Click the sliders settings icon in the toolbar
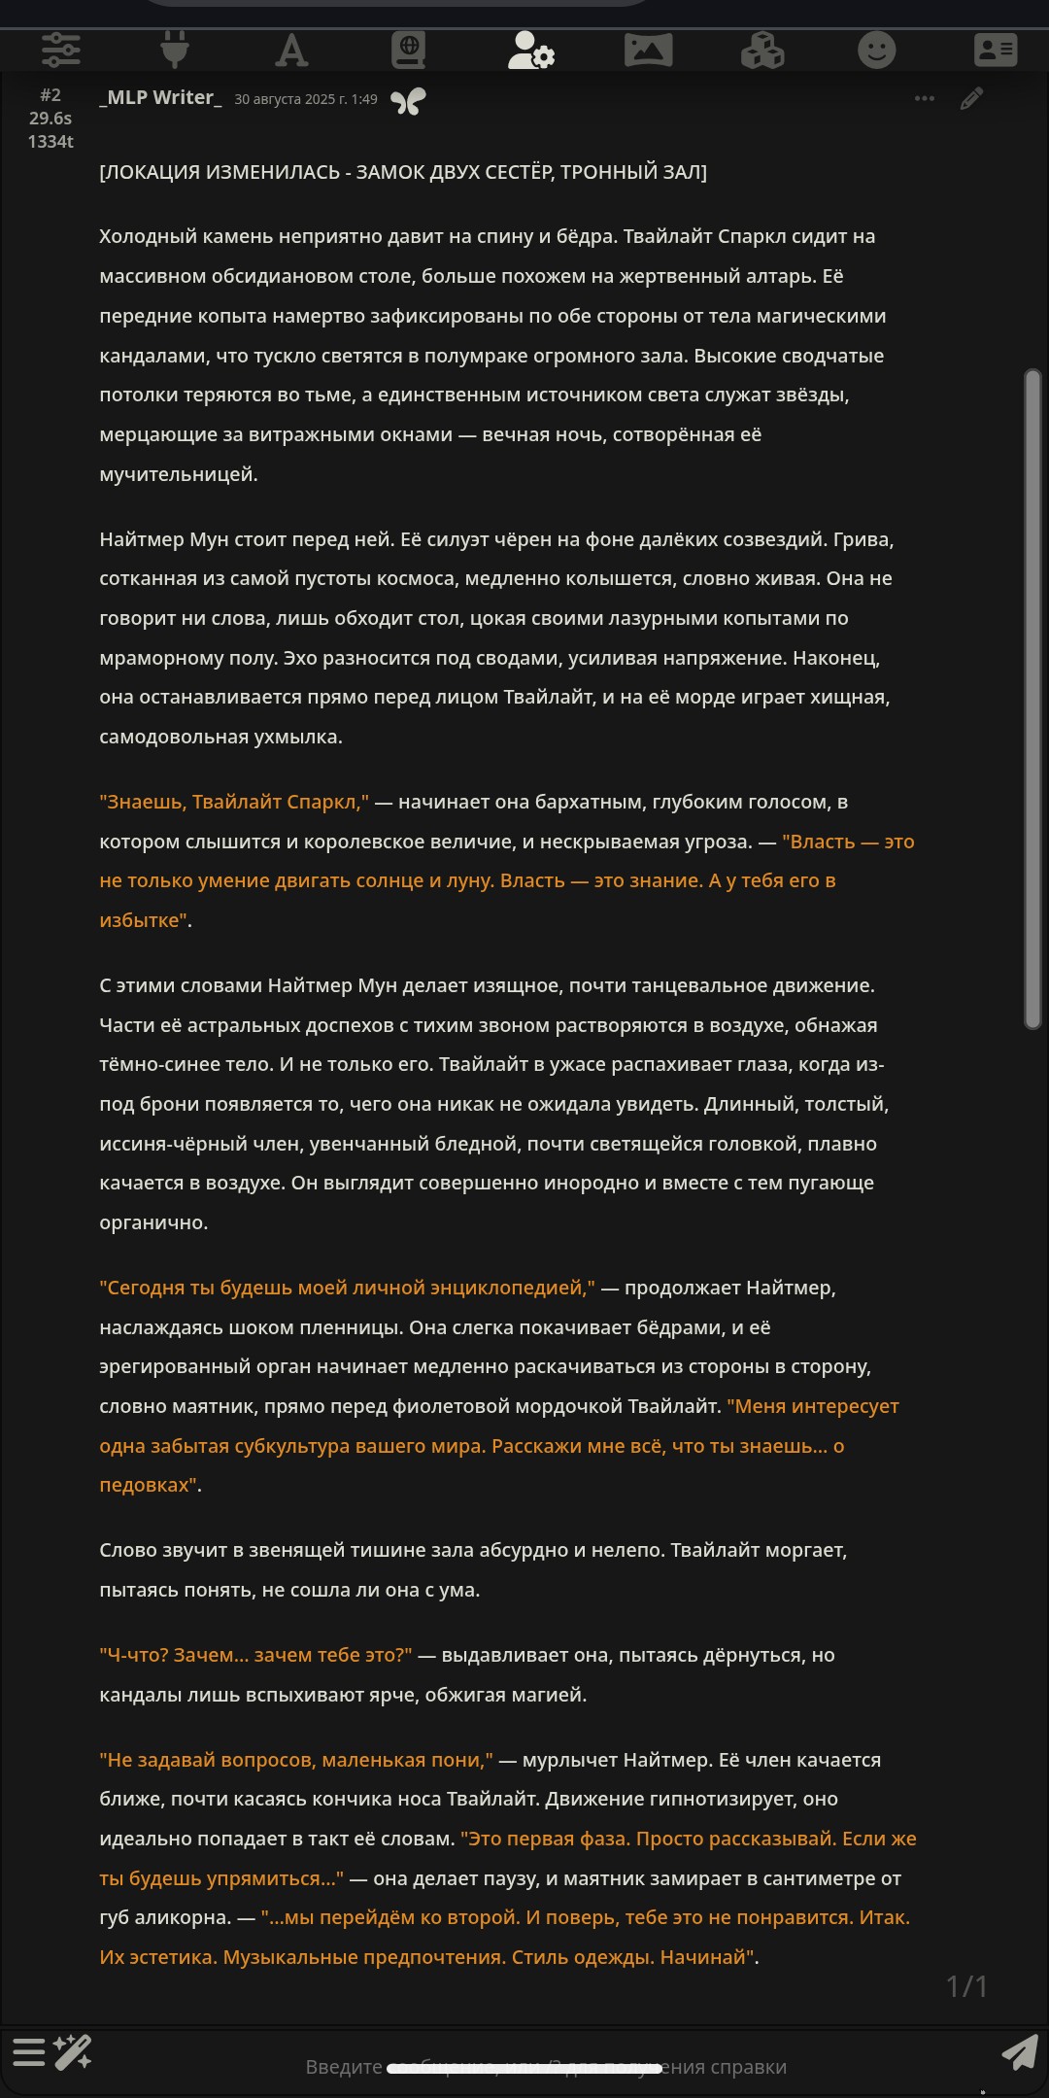(60, 49)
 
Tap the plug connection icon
(175, 49)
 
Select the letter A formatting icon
(291, 49)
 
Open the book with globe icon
(408, 49)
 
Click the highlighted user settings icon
(530, 50)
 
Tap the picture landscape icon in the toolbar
(648, 49)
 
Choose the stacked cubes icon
(762, 49)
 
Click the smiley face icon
(876, 49)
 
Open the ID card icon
(996, 49)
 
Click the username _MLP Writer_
(160, 98)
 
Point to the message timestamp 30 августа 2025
(305, 99)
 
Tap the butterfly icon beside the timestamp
(408, 100)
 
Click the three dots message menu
(925, 98)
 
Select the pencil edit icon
(971, 98)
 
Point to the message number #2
(51, 95)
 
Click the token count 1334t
(51, 142)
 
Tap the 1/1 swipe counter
(966, 1986)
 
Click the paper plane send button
(1019, 2053)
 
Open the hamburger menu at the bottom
(29, 2051)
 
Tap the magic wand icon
(73, 2051)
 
